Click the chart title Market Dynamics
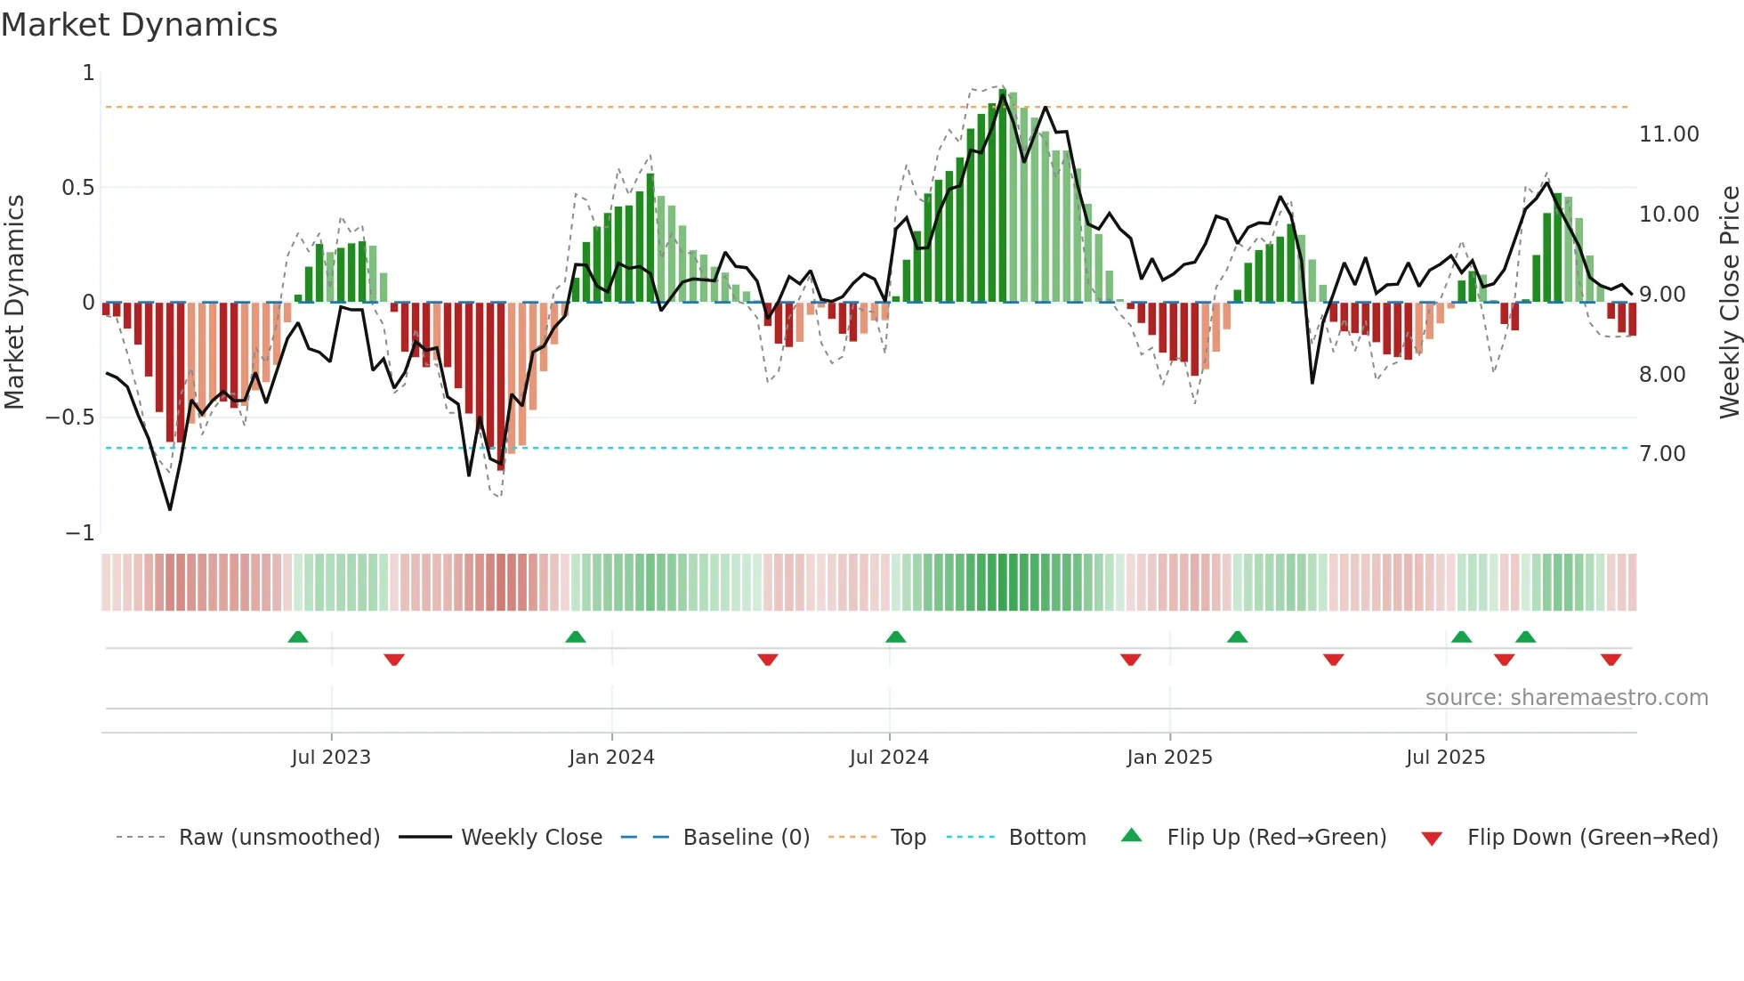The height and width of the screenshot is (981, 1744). [x=140, y=25]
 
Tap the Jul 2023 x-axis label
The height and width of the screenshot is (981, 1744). [x=331, y=758]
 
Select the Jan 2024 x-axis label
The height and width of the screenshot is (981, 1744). [x=611, y=758]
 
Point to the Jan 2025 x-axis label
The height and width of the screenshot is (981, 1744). [x=1169, y=758]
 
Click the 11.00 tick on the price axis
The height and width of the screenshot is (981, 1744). [x=1668, y=134]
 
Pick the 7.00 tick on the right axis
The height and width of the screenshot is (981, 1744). [x=1662, y=454]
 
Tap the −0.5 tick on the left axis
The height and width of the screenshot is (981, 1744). [x=69, y=418]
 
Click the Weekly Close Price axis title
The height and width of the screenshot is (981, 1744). [x=1729, y=302]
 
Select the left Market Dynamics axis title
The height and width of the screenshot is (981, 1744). [x=14, y=302]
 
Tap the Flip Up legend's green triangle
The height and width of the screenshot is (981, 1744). [x=1131, y=835]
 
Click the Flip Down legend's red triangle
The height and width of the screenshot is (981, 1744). [x=1432, y=839]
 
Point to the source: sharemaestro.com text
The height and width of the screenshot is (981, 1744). [x=1566, y=698]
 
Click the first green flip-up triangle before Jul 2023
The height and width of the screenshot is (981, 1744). [x=298, y=636]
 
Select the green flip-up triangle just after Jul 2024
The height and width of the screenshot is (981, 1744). [x=896, y=636]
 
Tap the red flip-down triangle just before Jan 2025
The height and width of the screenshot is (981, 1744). [x=1131, y=660]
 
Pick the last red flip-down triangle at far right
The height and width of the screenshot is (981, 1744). [x=1611, y=660]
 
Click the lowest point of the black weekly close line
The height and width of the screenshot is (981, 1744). [x=170, y=509]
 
